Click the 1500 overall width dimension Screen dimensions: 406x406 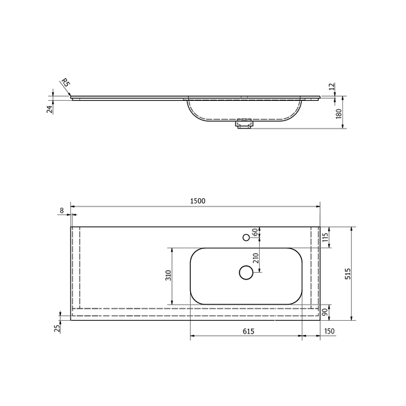[198, 201]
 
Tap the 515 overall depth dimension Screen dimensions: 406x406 [348, 273]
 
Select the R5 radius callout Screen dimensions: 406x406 [66, 83]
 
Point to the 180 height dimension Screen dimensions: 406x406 [339, 114]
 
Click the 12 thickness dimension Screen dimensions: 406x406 [332, 87]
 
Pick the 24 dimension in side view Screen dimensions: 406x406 [49, 109]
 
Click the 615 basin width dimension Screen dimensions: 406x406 [248, 331]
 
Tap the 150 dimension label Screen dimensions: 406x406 [329, 331]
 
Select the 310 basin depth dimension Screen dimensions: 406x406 [168, 275]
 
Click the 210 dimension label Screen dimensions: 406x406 [256, 258]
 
